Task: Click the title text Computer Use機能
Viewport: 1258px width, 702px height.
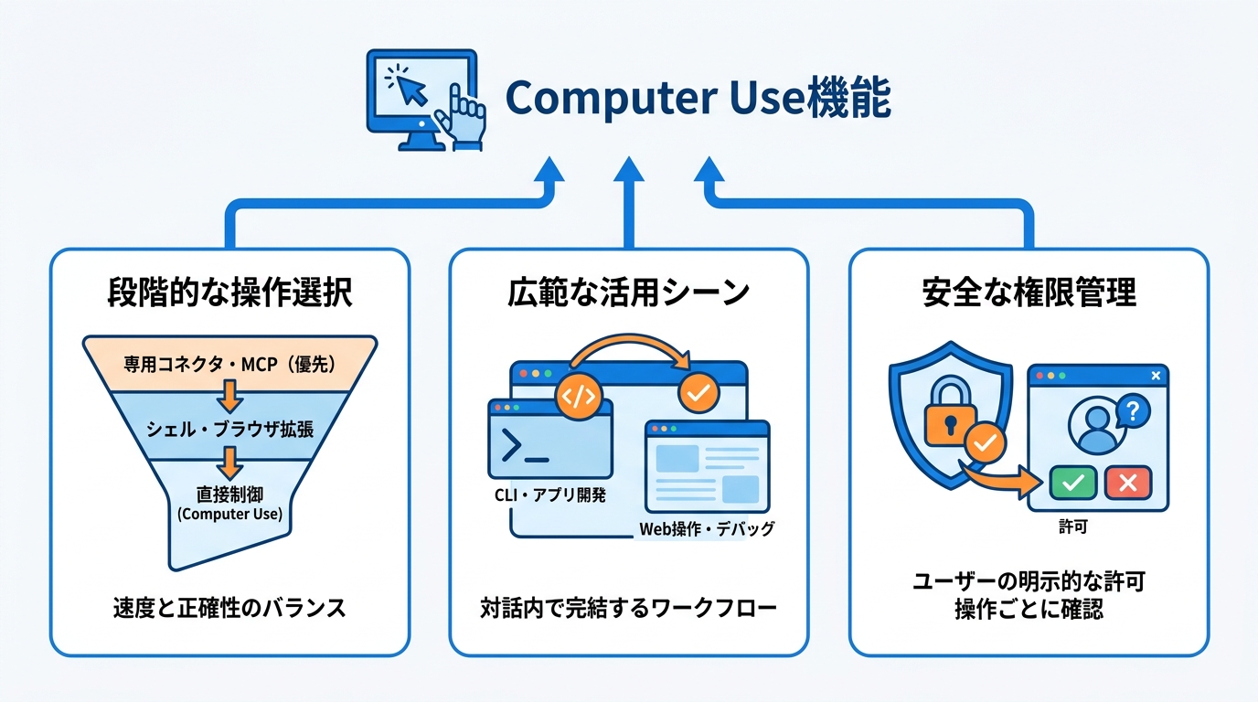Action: pyautogui.click(x=698, y=99)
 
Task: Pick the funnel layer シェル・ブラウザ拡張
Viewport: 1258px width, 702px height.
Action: pyautogui.click(x=229, y=428)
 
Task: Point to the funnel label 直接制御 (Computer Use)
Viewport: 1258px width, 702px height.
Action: pyautogui.click(x=229, y=504)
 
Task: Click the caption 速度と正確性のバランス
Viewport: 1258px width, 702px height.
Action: pyautogui.click(x=229, y=608)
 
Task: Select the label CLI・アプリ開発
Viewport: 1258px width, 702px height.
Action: pyautogui.click(x=549, y=495)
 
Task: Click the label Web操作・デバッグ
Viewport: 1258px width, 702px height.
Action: pyautogui.click(x=706, y=528)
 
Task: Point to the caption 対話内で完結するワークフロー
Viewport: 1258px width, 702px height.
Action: pyautogui.click(x=628, y=608)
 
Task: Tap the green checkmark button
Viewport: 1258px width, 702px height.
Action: pyautogui.click(x=1073, y=482)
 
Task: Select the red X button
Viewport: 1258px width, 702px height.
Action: pyautogui.click(x=1128, y=482)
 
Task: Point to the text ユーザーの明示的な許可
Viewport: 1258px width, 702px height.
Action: pyautogui.click(x=1029, y=582)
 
